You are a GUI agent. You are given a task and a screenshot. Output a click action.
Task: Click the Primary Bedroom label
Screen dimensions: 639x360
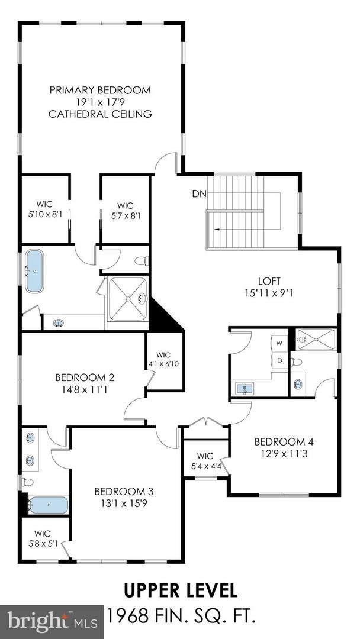[x=100, y=91]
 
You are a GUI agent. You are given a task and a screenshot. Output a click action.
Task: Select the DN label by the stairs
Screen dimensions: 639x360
[x=198, y=193]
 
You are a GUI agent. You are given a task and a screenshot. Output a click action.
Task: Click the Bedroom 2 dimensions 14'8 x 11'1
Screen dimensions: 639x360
[x=85, y=389]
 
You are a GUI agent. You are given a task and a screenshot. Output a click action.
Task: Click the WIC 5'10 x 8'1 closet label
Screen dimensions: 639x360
[x=45, y=209]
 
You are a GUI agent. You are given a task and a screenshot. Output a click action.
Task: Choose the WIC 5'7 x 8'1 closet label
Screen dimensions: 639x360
[x=124, y=209]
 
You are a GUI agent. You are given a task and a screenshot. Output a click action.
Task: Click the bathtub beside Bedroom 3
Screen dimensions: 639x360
[x=49, y=505]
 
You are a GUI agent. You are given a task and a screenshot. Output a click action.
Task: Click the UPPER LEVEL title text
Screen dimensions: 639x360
[x=180, y=590]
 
